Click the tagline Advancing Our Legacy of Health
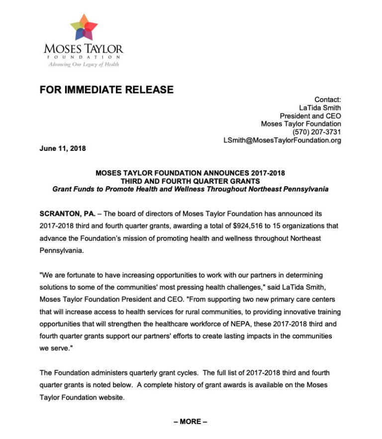tap(84, 64)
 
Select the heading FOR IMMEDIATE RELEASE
tap(106, 90)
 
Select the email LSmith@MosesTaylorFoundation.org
tap(282, 140)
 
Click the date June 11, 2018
tap(62, 148)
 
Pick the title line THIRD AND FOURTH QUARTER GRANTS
tap(191, 181)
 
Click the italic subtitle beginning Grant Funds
tap(191, 189)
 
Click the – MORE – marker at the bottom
tap(191, 422)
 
